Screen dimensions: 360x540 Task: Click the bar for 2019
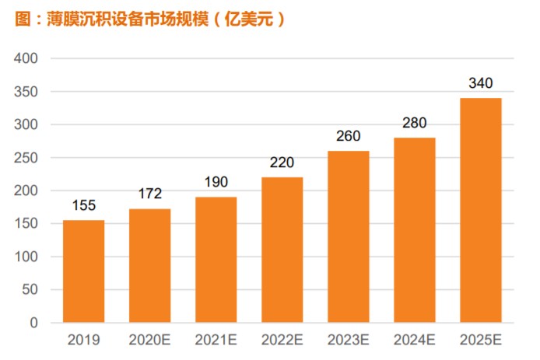(84, 271)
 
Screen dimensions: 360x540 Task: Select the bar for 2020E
(150, 266)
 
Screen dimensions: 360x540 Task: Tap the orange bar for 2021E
(216, 260)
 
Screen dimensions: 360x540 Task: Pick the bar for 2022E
(282, 250)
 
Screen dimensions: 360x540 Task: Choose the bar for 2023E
(349, 236)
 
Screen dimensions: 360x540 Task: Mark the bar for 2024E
(415, 230)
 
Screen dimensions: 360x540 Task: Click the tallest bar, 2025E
(481, 210)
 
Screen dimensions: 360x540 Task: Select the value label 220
(282, 165)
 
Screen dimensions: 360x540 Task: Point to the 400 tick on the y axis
(28, 59)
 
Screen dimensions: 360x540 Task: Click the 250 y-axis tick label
(28, 158)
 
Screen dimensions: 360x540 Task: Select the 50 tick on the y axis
(31, 290)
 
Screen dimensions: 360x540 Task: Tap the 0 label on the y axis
(34, 323)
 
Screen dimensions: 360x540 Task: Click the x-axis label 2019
(84, 340)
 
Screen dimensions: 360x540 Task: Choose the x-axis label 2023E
(349, 340)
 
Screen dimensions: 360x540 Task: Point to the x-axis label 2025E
(481, 340)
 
